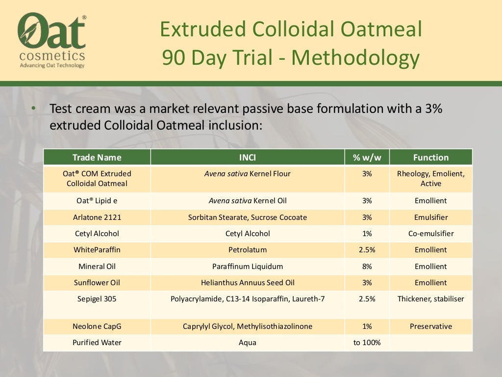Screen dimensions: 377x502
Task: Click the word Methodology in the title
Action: pyautogui.click(x=355, y=58)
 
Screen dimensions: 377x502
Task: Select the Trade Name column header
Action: pyautogui.click(x=97, y=158)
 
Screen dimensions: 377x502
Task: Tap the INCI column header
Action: pyautogui.click(x=247, y=158)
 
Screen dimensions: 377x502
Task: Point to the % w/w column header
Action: pyautogui.click(x=367, y=158)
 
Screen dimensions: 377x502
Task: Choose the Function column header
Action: pyautogui.click(x=430, y=158)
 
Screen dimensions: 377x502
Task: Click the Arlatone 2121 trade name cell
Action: pyautogui.click(x=97, y=217)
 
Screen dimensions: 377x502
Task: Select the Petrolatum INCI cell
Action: pyautogui.click(x=247, y=250)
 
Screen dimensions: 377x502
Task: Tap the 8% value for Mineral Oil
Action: pyautogui.click(x=367, y=267)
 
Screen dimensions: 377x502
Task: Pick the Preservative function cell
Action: pyautogui.click(x=430, y=326)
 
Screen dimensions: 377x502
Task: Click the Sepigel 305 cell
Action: pyautogui.click(x=97, y=299)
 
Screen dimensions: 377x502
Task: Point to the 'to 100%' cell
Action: pyautogui.click(x=367, y=343)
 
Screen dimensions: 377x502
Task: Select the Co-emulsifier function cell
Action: pyautogui.click(x=430, y=234)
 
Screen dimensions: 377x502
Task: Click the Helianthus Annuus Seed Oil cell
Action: pyautogui.click(x=247, y=283)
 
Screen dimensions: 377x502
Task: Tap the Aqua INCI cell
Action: pyautogui.click(x=247, y=343)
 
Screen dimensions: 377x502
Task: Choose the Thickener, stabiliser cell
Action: pyautogui.click(x=430, y=299)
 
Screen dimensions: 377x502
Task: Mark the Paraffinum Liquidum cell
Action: pyautogui.click(x=247, y=267)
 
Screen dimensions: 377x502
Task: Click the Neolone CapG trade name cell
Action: pyautogui.click(x=97, y=326)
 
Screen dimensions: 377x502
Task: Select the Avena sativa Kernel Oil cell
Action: pyautogui.click(x=247, y=201)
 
